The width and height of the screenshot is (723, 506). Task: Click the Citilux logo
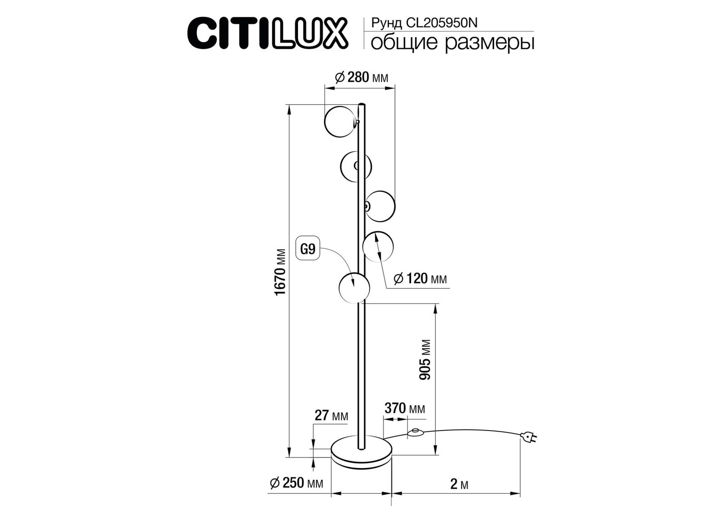[x=268, y=33]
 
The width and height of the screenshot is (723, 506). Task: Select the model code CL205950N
[x=441, y=23]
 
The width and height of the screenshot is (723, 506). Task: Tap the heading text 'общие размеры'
[x=452, y=43]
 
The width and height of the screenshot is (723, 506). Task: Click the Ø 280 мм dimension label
[x=361, y=77]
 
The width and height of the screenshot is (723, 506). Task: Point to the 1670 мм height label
[x=281, y=272]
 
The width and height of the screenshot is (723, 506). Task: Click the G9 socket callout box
[x=308, y=249]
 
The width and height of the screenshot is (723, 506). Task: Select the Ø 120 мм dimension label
[x=420, y=278]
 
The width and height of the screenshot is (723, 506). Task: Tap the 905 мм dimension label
[x=426, y=359]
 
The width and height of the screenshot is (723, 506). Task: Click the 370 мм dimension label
[x=405, y=408]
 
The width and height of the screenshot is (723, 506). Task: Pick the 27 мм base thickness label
[x=332, y=415]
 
